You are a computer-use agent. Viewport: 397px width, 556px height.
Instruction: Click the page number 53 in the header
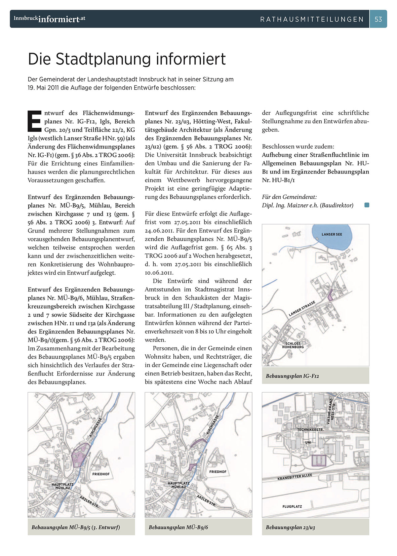(378, 19)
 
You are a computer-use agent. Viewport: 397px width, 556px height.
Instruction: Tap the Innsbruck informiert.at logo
(49, 19)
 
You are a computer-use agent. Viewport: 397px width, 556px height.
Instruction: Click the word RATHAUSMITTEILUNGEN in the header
(312, 19)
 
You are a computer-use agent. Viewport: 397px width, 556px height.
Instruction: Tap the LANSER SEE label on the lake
(332, 234)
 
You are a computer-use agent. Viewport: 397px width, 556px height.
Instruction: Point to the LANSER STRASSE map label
(302, 309)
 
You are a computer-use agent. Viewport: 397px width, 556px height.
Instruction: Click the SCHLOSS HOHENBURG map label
(293, 345)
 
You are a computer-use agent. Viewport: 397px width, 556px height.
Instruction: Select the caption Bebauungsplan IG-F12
(292, 376)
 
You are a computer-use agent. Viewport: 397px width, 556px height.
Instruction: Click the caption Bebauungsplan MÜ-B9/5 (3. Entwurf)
(76, 527)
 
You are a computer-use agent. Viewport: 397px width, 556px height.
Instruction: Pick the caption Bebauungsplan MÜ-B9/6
(178, 527)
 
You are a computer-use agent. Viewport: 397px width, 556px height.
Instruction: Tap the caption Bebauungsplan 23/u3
(290, 527)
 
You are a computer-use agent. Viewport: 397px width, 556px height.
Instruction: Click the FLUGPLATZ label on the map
(292, 506)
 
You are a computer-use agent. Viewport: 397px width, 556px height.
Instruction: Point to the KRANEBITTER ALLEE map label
(295, 477)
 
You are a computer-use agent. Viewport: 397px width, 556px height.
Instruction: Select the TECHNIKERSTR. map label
(310, 430)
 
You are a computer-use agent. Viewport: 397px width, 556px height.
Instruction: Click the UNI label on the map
(308, 442)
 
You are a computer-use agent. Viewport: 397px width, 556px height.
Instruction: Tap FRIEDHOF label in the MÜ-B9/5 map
(101, 474)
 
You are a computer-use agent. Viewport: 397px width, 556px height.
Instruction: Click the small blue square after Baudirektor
(367, 205)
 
